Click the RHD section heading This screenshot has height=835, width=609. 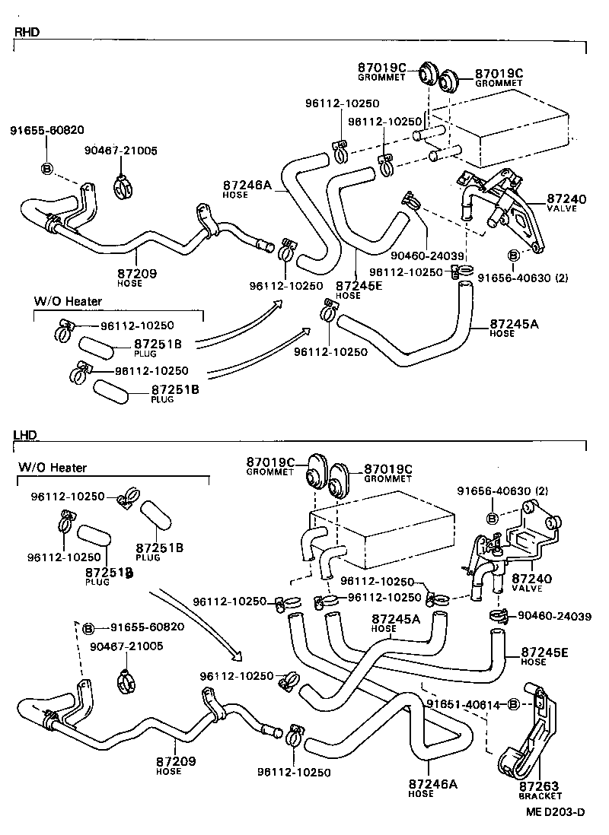coord(27,32)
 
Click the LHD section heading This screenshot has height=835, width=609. coord(26,434)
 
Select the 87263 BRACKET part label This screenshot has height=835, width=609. coord(539,790)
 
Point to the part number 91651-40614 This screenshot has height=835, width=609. coord(464,705)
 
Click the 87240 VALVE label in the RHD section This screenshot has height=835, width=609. coord(566,203)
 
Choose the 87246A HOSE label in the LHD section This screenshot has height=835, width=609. coord(432,788)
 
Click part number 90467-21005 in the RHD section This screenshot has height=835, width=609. coord(120,151)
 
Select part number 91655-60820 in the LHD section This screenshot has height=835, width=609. coord(147,627)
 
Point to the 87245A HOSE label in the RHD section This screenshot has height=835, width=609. coord(514,327)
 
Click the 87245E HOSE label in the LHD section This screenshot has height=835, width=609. coord(545,656)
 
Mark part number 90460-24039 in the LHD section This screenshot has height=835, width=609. coord(554,616)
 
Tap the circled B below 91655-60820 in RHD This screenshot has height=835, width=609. coord(46,168)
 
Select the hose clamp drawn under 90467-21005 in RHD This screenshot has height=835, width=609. coord(122,185)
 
